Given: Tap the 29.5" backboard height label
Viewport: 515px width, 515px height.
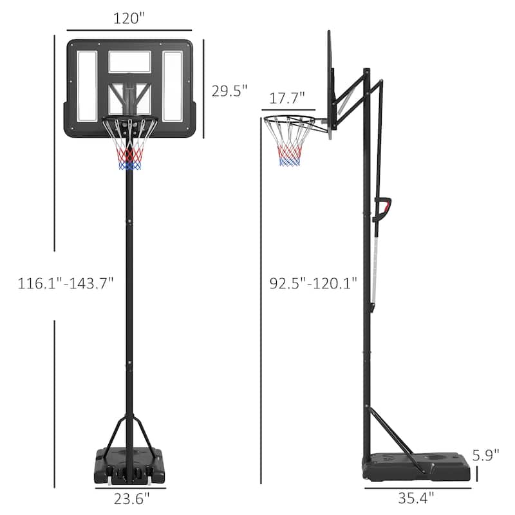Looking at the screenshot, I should (x=230, y=91).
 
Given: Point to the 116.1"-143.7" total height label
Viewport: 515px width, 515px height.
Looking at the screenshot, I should (x=66, y=281).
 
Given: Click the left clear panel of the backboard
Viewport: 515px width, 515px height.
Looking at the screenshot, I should (x=87, y=86).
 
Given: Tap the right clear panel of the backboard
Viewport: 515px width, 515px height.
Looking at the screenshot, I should (x=173, y=86).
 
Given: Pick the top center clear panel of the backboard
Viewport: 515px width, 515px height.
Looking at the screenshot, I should (x=129, y=61).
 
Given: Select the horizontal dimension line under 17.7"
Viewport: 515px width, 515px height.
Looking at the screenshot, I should (x=288, y=111).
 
